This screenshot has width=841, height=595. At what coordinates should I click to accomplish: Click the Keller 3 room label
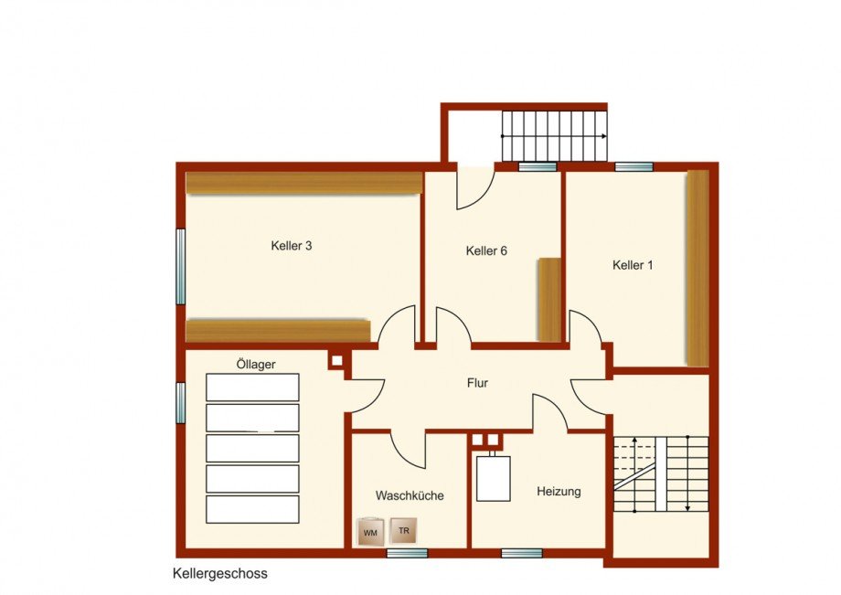(x=292, y=246)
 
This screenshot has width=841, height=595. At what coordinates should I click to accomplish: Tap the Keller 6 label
(x=486, y=250)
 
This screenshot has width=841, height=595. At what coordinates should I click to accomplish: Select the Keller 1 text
(x=633, y=265)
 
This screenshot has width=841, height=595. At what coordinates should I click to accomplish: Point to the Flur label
(x=477, y=383)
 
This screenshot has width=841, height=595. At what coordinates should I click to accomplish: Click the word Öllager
(x=256, y=365)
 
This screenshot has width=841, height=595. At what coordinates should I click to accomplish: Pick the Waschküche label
(x=410, y=495)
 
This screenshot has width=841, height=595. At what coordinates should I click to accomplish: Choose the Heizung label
(x=559, y=492)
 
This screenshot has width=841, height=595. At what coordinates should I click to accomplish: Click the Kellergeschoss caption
(x=220, y=574)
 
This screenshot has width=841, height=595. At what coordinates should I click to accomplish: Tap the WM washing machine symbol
(x=370, y=532)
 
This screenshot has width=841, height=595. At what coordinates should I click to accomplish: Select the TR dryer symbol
(x=403, y=531)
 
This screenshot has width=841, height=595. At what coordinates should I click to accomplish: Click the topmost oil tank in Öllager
(x=252, y=388)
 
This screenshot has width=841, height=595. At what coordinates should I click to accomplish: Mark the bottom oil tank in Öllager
(x=252, y=510)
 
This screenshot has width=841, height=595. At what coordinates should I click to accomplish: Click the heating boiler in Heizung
(x=493, y=477)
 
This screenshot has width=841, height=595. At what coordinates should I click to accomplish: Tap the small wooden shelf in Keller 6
(x=549, y=300)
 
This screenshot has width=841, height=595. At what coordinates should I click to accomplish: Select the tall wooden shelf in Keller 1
(x=697, y=269)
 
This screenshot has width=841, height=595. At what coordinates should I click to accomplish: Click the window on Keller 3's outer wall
(x=181, y=266)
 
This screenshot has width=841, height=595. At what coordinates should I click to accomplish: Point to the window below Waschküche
(x=407, y=553)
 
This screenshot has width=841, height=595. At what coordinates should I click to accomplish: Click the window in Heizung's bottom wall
(x=522, y=553)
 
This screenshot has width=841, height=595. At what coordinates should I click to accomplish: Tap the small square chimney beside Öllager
(x=336, y=361)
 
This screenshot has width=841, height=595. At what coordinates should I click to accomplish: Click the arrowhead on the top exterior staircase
(x=604, y=136)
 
